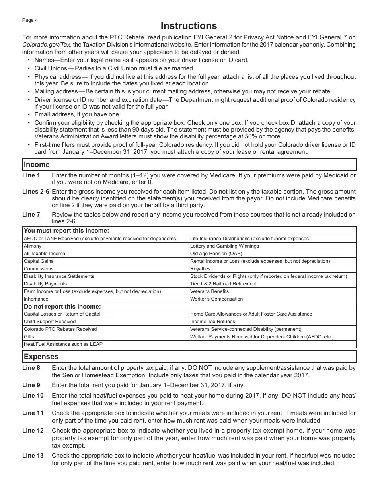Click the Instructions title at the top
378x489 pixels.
click(x=189, y=26)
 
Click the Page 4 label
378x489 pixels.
click(x=30, y=20)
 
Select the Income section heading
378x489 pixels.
click(x=37, y=165)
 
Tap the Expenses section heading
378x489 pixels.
click(x=41, y=357)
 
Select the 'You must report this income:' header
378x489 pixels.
click(x=66, y=231)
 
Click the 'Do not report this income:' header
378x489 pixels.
click(x=62, y=307)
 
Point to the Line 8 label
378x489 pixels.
click(x=31, y=368)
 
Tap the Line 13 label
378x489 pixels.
click(x=33, y=456)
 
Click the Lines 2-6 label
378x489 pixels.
click(x=36, y=192)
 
